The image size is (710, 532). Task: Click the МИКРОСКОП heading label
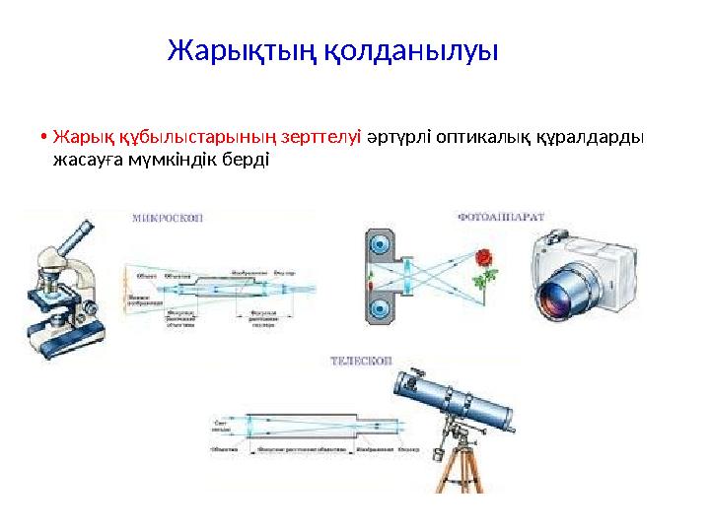click(168, 219)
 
